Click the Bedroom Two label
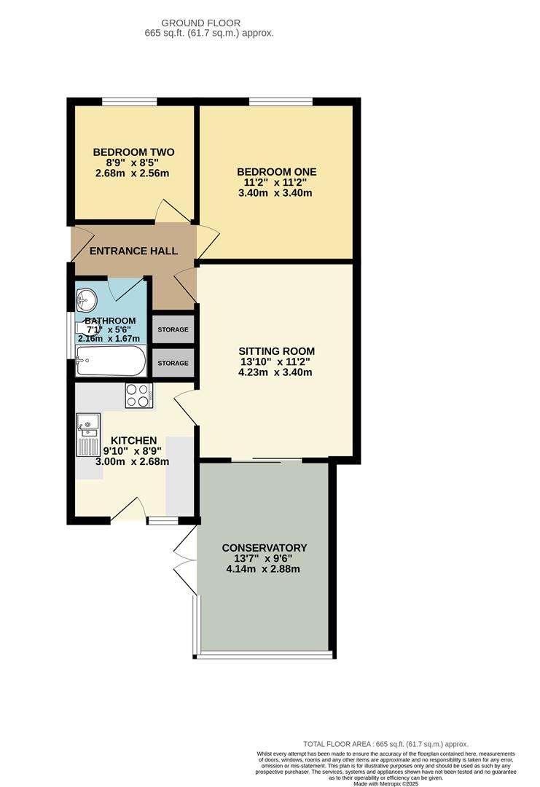(x=133, y=152)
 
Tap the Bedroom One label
(x=276, y=172)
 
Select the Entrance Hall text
(x=133, y=251)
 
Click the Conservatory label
(x=265, y=548)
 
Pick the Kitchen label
(x=133, y=440)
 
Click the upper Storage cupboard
(x=173, y=329)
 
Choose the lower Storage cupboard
(x=173, y=363)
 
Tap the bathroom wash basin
(x=87, y=299)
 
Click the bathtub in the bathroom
(x=111, y=361)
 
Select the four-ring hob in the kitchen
(x=138, y=395)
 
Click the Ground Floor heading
(x=200, y=23)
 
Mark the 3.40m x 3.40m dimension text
(x=276, y=193)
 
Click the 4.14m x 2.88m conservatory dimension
(x=265, y=570)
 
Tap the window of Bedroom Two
(x=129, y=101)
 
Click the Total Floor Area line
(x=386, y=743)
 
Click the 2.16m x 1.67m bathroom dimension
(x=109, y=338)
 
